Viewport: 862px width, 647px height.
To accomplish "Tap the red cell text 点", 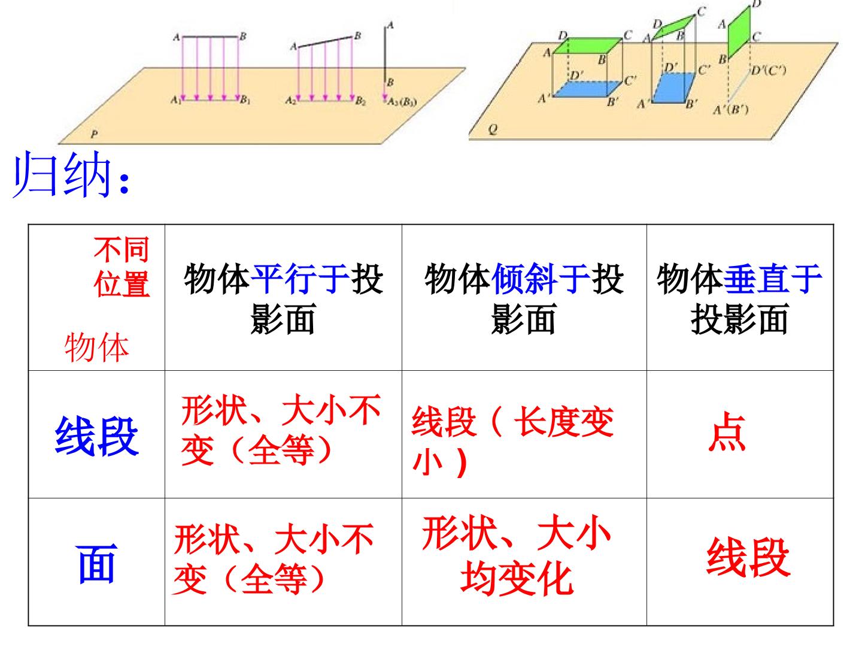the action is [x=727, y=432].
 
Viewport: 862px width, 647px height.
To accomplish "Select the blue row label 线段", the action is [x=96, y=436].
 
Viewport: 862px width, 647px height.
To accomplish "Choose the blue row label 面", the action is [x=96, y=564].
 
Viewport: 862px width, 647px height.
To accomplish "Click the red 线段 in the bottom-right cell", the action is [x=748, y=557].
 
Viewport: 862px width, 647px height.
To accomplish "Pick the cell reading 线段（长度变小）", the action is [x=512, y=440].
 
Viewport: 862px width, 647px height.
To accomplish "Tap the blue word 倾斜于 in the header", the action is [x=541, y=279].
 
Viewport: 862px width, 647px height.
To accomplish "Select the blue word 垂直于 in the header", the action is [x=772, y=279].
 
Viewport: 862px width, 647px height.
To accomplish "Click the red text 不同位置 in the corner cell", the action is [x=122, y=267].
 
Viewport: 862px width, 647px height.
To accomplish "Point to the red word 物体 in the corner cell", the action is [x=96, y=347].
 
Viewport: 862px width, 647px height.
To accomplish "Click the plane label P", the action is [x=94, y=134].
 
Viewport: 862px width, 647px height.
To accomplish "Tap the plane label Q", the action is [x=493, y=129].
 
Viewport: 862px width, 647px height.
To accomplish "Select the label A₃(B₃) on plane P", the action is [x=402, y=102].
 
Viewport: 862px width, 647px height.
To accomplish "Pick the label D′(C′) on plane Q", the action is [x=769, y=71].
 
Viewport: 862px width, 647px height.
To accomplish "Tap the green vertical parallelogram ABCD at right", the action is [x=739, y=32].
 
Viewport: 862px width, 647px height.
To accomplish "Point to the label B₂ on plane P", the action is [x=360, y=101].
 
